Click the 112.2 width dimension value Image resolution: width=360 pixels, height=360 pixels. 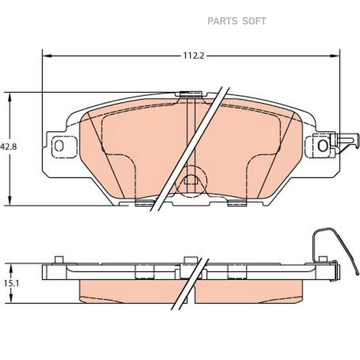194,56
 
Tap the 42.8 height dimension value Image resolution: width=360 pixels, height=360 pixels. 8,147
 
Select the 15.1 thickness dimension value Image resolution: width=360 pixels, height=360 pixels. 8,283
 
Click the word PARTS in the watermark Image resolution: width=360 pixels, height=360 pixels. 222,21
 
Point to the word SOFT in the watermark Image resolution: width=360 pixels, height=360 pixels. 254,21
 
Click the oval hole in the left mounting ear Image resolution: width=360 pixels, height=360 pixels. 59,146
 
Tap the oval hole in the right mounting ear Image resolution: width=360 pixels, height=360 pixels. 322,146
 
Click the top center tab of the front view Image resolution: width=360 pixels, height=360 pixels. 190,94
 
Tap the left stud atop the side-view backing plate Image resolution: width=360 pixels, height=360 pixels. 58,260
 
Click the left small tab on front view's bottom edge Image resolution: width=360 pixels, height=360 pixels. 144,203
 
